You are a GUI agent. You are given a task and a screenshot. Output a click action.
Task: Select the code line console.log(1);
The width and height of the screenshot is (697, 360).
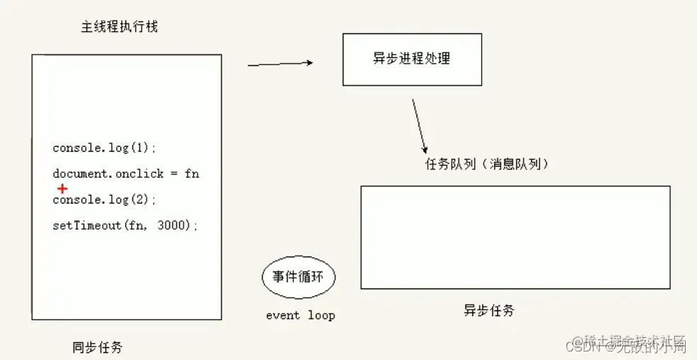coord(104,148)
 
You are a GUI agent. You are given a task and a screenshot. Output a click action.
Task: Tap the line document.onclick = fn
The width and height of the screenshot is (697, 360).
coord(125,174)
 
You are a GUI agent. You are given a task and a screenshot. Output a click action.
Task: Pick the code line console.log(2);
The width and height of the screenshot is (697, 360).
coord(104,200)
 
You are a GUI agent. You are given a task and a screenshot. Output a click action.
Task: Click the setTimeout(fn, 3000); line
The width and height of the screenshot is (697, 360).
coord(125,225)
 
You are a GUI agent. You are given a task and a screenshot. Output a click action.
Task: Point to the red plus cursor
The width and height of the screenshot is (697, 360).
coord(62,189)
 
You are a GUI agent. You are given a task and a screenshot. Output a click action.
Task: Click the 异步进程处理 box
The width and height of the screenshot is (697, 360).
coord(412,59)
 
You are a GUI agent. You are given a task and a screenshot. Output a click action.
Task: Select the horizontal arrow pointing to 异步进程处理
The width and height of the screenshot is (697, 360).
coord(280,64)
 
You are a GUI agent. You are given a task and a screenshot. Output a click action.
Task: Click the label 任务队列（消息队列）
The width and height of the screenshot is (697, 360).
coord(487,164)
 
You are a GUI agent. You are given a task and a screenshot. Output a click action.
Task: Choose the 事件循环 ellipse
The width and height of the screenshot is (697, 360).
coord(298,277)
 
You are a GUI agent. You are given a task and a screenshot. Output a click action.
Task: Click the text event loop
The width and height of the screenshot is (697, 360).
coord(300,315)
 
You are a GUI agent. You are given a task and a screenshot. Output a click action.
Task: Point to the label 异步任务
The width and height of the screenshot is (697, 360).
coord(489,310)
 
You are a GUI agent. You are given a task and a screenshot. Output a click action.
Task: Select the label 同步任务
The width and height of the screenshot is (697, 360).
coord(97,347)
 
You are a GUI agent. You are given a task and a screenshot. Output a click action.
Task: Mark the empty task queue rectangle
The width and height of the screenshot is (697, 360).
coord(515,237)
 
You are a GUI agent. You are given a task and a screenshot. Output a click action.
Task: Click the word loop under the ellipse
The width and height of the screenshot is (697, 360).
coord(321,315)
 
